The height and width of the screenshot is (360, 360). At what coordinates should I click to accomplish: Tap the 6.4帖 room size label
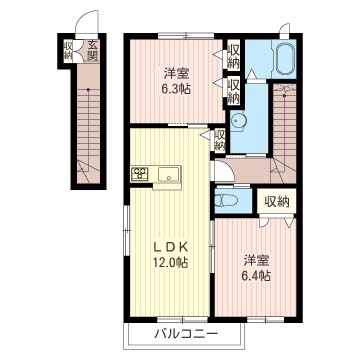pos(256,276)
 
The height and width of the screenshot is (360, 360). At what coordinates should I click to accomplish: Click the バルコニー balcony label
pos(187,334)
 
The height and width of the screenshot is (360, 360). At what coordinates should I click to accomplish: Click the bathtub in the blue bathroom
pos(282,62)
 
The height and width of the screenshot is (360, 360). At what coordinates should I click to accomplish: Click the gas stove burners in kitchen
pos(139,176)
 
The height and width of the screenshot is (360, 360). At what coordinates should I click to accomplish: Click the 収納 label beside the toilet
pos(277,202)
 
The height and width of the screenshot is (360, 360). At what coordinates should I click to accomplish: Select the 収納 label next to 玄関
pos(69,50)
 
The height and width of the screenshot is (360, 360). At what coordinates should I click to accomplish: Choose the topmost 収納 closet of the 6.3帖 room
pos(233,57)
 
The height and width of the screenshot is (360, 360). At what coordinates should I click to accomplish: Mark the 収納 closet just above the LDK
pos(220,140)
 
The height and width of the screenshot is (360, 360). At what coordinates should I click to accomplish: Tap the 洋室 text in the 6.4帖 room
pos(256,260)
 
